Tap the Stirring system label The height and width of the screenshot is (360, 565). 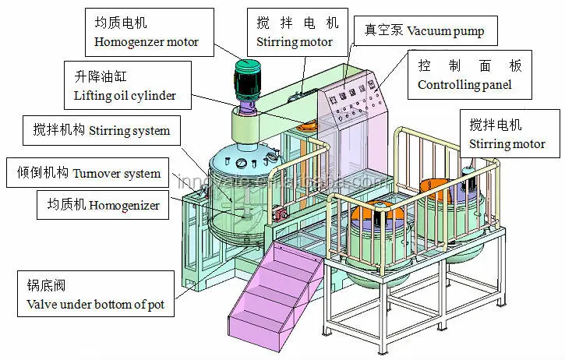tap(101, 129)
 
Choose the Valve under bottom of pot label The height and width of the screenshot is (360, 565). tap(97, 295)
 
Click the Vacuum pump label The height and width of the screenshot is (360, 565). tap(425, 31)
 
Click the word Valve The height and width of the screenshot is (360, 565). tap(42, 303)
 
